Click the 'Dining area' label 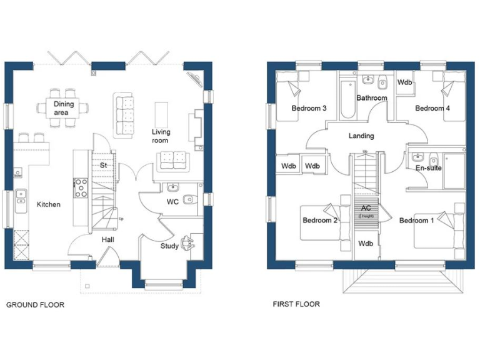tap(64, 108)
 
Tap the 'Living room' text tap(161, 136)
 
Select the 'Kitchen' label tap(48, 204)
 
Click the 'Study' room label tap(169, 246)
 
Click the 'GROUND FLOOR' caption tap(35, 305)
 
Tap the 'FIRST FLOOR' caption tap(296, 304)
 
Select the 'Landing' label tap(361, 136)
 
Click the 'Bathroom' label tap(372, 98)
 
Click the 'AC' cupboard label tap(366, 207)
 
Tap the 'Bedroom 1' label tap(416, 221)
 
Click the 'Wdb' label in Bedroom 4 tap(405, 82)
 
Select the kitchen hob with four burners tap(81, 187)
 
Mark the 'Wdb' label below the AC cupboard tap(366, 243)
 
